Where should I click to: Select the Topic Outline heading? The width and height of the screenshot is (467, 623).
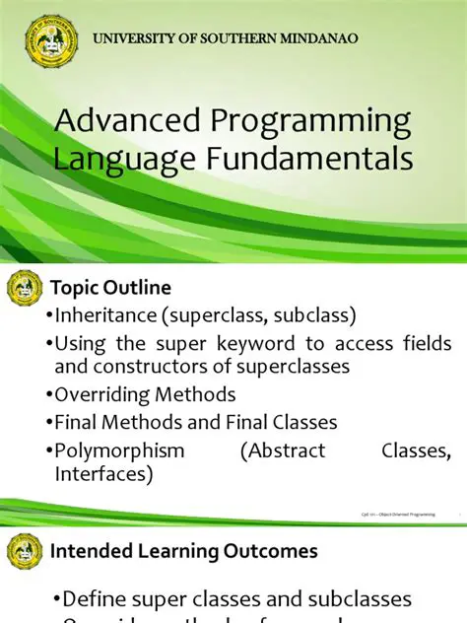click(110, 288)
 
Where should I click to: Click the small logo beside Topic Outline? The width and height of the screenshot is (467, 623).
click(24, 288)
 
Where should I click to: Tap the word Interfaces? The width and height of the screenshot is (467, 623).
click(100, 473)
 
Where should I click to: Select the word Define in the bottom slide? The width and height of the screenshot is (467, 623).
click(98, 599)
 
